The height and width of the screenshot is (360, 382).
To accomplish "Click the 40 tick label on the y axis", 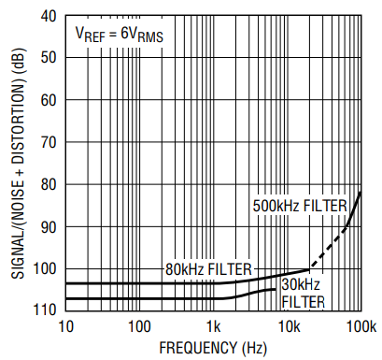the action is click(x=49, y=16).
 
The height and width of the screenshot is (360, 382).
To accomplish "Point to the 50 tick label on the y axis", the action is click(x=49, y=58).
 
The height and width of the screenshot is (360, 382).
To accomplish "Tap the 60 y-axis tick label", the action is click(x=49, y=100).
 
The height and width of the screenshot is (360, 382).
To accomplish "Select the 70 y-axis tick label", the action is click(x=49, y=142).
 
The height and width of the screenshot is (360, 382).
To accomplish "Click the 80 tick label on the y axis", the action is click(x=49, y=184).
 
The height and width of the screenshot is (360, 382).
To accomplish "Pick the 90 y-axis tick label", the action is click(x=49, y=227).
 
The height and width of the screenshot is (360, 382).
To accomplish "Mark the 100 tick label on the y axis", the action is click(x=44, y=269).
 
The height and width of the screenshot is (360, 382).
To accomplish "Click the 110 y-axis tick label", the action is click(x=44, y=310).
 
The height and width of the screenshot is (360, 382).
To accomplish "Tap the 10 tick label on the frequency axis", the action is click(x=65, y=327).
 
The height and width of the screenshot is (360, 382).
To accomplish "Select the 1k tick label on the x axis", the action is click(x=213, y=327).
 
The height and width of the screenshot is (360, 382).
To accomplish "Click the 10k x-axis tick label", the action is click(x=290, y=327).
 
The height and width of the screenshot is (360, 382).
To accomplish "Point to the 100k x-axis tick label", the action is click(x=361, y=327).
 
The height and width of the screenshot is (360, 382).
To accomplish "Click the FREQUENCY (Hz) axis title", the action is click(x=213, y=348).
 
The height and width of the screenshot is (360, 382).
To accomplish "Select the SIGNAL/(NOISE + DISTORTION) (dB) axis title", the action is click(x=19, y=164).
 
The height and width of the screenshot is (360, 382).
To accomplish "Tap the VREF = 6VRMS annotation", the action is click(x=120, y=35).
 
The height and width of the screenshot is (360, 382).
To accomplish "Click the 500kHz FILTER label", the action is click(x=300, y=206).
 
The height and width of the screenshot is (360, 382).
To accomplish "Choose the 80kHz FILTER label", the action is click(x=208, y=269).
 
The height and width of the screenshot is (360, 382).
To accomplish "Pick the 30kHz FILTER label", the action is click(x=303, y=294).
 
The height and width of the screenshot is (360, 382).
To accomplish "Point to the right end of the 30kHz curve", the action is click(x=276, y=290).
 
